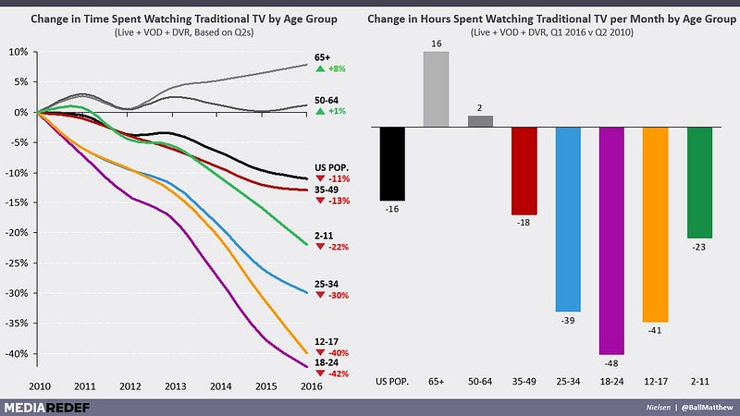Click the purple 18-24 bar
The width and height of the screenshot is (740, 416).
coord(612,240)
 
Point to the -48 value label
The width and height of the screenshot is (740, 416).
coord(612,364)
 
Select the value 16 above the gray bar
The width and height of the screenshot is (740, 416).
coord(437,43)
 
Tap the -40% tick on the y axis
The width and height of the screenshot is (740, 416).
coord(17,354)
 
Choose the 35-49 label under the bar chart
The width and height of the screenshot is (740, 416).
coord(524,380)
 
